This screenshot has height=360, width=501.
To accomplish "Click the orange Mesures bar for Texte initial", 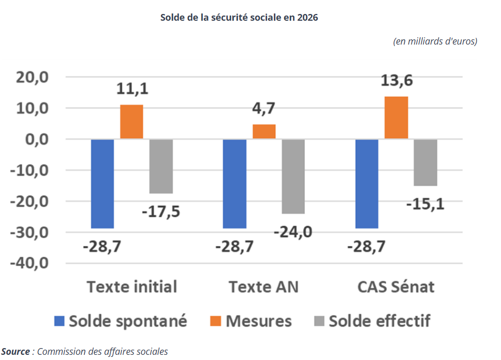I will click(131, 122).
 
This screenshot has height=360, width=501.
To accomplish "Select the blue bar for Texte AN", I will click(234, 183).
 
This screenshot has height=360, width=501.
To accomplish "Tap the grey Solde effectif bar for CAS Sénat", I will click(426, 162).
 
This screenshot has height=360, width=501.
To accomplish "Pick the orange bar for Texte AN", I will click(264, 132).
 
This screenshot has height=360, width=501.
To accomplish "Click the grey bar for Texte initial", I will click(161, 166).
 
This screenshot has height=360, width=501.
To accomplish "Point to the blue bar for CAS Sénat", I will click(367, 183).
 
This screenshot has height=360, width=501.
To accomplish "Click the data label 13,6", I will click(398, 81).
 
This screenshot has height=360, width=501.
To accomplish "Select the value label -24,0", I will click(293, 231).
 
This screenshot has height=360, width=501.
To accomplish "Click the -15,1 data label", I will click(425, 204).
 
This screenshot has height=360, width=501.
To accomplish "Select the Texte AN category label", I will click(264, 286).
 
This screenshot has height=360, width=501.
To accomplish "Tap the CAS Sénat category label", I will click(396, 286).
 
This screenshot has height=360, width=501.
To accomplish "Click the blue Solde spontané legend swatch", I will click(60, 321).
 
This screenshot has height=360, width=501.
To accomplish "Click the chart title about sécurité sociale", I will click(239, 17).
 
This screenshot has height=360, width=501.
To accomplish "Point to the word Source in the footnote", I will click(16, 352).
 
